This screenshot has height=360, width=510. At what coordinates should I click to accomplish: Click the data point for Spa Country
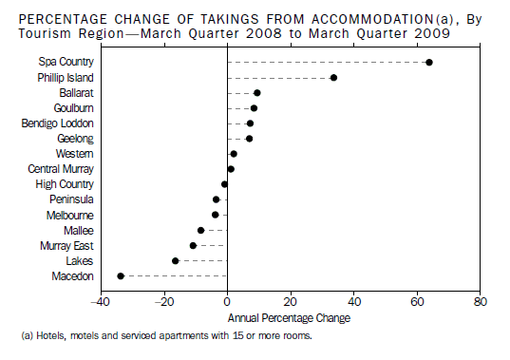coord(429,63)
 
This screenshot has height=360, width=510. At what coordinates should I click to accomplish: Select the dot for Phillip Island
coord(333,78)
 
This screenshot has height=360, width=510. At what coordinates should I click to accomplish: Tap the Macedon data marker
coord(121,275)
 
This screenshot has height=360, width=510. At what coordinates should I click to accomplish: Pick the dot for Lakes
coord(175,260)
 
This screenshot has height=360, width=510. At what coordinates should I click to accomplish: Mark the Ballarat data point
coord(257,93)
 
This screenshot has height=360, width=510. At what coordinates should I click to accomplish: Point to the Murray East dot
coord(193,245)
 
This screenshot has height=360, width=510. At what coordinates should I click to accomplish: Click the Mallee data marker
coord(200,230)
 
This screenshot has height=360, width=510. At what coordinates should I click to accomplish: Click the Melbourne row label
coord(69,215)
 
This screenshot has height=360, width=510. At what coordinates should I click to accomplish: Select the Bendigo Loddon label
coord(58,123)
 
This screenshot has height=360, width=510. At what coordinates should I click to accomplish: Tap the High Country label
coord(65,183)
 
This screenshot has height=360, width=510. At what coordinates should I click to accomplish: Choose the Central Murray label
coord(61,168)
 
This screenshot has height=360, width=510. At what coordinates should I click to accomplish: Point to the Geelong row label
coord(75,138)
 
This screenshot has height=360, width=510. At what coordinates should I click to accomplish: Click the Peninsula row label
coord(71,199)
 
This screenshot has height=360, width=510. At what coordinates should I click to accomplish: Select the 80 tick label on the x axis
coord(481,303)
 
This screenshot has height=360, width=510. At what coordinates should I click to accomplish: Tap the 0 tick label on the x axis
coord(227,303)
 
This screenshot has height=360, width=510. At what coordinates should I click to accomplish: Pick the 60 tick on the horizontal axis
coord(417,303)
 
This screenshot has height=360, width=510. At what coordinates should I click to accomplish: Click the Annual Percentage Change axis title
coord(289,317)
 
